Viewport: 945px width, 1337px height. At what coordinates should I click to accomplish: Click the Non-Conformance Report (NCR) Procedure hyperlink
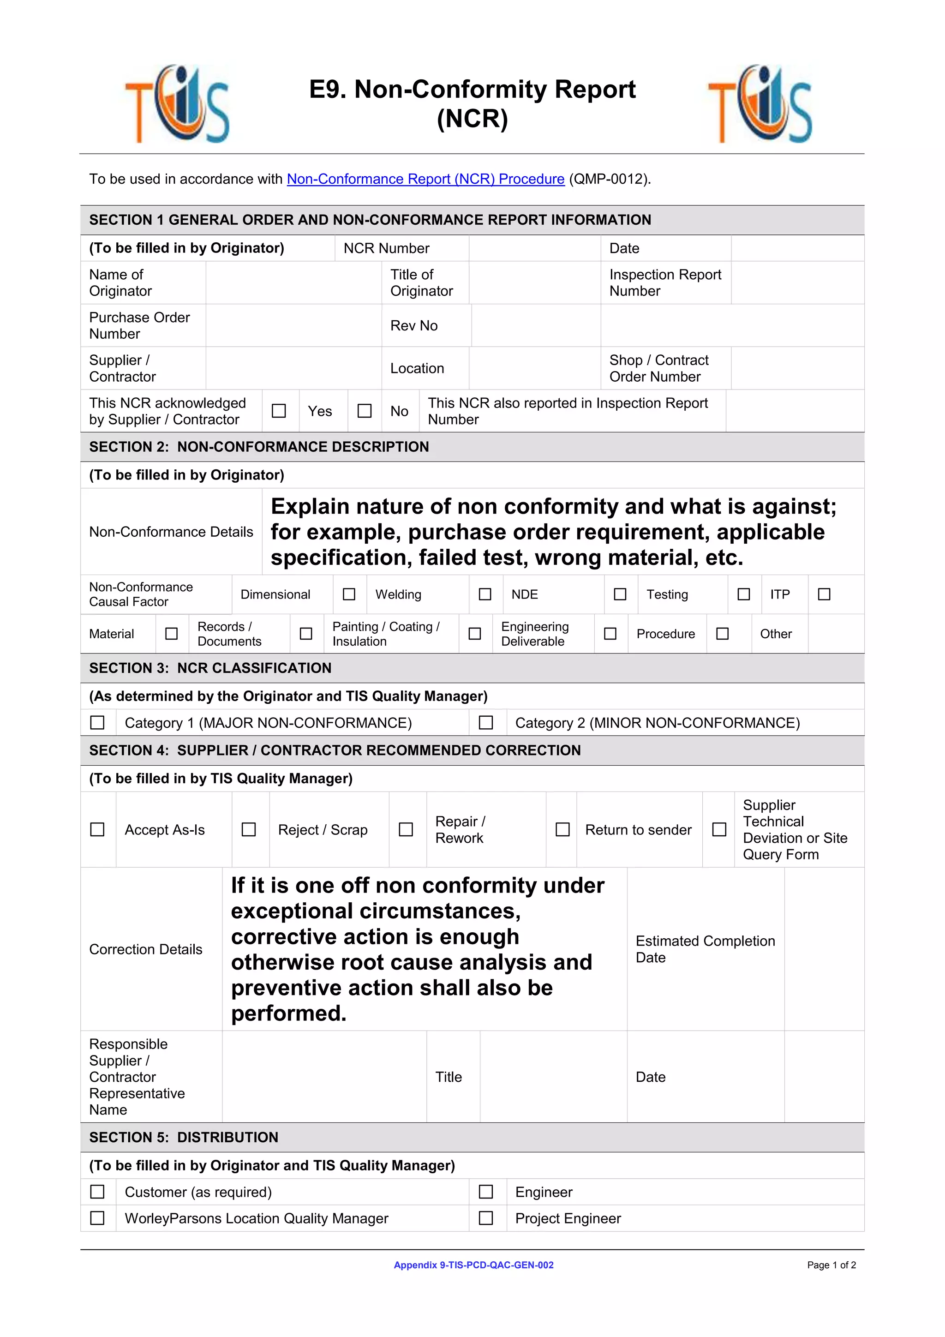click(425, 180)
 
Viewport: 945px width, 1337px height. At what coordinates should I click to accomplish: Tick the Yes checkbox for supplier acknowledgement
click(279, 411)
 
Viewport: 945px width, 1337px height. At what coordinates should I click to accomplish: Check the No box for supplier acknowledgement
click(365, 411)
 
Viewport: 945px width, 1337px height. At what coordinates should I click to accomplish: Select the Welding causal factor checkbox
click(485, 594)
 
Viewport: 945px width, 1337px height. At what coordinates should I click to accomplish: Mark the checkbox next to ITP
click(824, 594)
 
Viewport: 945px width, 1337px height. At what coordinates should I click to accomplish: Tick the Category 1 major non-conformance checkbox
click(97, 723)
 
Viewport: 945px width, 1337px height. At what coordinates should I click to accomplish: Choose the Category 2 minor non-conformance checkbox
click(485, 723)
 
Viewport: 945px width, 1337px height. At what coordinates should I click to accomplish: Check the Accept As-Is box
click(97, 829)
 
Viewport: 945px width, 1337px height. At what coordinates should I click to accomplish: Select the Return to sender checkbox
click(562, 829)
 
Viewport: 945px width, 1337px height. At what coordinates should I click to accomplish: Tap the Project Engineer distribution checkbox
click(485, 1218)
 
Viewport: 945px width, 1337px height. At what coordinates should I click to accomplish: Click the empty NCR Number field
click(534, 249)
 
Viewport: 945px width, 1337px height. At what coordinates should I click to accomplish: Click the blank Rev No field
click(535, 325)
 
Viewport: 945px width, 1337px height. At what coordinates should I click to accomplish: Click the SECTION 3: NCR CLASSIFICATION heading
click(210, 668)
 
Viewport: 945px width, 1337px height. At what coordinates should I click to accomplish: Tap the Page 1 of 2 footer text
click(831, 1265)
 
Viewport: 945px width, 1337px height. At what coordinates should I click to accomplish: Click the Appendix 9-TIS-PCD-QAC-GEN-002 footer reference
click(473, 1265)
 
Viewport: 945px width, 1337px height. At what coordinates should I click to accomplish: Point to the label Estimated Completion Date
click(705, 949)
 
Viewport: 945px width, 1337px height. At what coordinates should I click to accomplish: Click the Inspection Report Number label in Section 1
click(664, 283)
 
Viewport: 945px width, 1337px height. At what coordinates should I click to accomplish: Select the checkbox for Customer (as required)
click(97, 1192)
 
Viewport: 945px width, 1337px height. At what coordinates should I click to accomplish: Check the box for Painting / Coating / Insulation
click(474, 634)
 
